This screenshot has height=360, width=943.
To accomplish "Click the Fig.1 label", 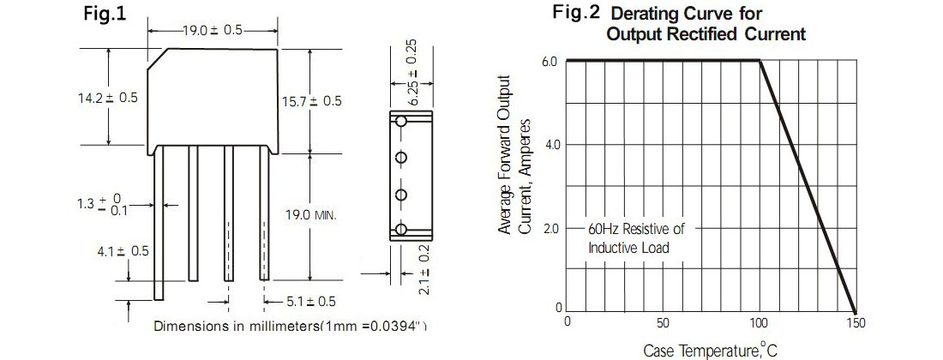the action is coord(105,14).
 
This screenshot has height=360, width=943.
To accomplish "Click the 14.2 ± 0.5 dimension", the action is coord(108,98).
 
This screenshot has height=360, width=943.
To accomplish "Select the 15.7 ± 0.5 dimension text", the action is coord(312,101).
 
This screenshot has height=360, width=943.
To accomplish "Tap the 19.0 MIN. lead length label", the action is coord(310,214).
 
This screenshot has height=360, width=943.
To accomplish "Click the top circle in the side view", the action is coord(401,122).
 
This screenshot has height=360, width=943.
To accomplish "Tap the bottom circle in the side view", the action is coord(401,229).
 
